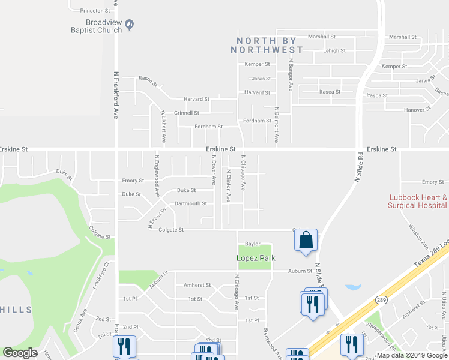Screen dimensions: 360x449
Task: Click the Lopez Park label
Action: coord(255,258)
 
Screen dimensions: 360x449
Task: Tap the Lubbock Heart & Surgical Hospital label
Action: coord(418,201)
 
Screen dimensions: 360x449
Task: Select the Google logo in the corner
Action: coord(20,353)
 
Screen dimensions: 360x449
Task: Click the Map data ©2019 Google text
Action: coord(412,355)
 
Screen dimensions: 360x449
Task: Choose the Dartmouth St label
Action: coord(190,203)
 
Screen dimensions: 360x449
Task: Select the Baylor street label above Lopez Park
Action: coord(252,244)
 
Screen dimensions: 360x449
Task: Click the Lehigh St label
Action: coord(334,51)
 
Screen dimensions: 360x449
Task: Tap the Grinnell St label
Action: coord(186,113)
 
